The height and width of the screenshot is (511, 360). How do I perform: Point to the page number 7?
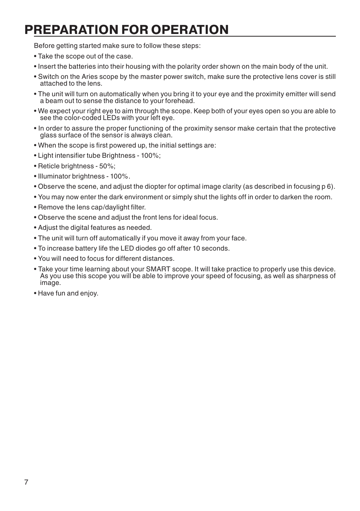(26, 482)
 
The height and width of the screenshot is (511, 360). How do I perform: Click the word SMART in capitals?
(158, 269)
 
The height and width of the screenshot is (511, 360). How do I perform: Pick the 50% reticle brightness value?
(107, 166)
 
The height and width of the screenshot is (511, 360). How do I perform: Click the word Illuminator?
(54, 177)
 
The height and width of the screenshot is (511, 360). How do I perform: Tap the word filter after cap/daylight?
(138, 208)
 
